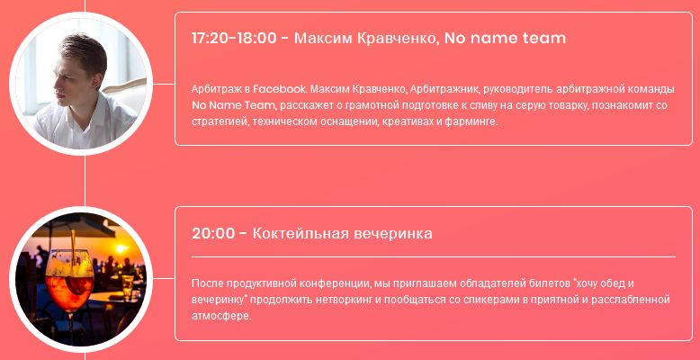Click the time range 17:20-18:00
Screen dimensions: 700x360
pos(234,39)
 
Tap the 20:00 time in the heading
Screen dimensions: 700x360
pos(213,234)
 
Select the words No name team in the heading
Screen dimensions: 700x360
pos(506,39)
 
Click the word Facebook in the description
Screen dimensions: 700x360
pos(280,89)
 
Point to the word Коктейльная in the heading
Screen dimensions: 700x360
pos(301,234)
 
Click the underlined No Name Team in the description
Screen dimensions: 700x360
pos(233,106)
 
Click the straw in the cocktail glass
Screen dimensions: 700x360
pos(73,251)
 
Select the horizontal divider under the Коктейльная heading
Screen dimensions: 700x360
pos(434,256)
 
